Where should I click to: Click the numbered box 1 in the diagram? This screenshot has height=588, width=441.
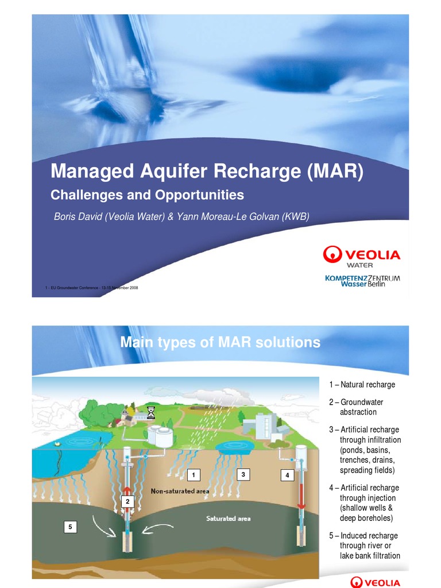(x=195, y=475)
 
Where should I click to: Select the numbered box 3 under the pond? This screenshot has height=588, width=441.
(x=243, y=474)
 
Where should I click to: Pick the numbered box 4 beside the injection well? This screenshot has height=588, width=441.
(x=287, y=475)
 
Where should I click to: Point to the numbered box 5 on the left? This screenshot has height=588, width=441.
(x=70, y=526)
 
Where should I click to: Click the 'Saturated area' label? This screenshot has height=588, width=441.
(x=229, y=519)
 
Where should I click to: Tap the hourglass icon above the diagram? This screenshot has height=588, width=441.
(x=151, y=412)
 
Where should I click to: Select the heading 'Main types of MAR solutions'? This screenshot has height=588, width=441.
(x=220, y=343)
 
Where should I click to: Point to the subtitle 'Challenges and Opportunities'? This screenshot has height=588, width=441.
(x=148, y=195)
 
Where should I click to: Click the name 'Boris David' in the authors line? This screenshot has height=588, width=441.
(x=77, y=216)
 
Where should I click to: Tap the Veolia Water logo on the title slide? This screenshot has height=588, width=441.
(x=362, y=256)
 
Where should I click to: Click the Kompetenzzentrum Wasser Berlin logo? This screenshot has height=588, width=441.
(x=362, y=281)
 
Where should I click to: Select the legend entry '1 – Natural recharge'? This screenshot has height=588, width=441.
(x=362, y=385)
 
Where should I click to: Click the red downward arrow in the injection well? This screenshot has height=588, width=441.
(x=299, y=493)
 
